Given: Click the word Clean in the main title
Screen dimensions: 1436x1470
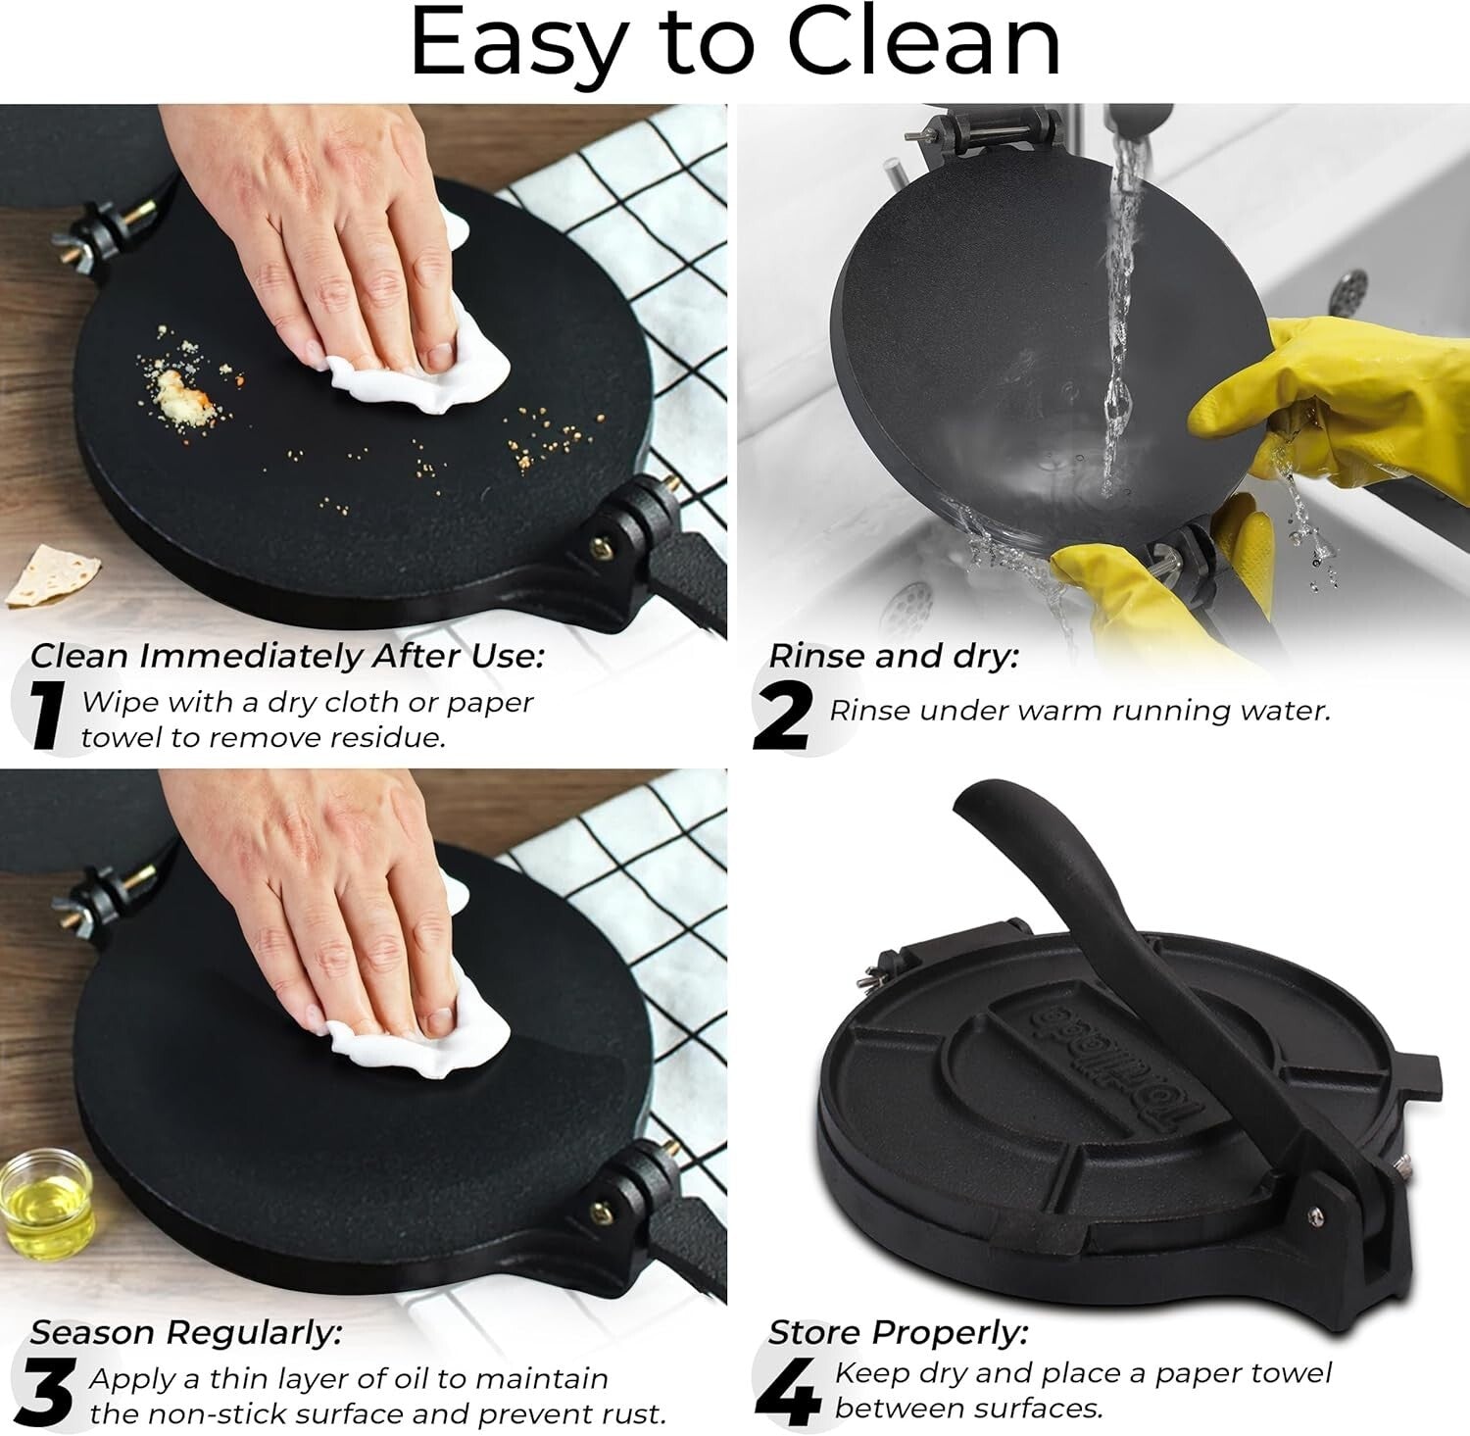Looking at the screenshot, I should point(924,43).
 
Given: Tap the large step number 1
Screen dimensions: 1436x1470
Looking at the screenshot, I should point(44,718).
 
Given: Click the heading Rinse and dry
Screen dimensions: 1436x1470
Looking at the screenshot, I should point(893,656).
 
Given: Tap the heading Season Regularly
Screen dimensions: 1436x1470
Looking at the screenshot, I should point(186,1332).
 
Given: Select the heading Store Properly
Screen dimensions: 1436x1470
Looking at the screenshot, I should point(898,1332).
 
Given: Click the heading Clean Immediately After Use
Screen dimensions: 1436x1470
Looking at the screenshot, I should point(286,656).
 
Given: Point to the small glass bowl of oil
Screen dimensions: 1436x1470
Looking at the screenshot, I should point(45,1207).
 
